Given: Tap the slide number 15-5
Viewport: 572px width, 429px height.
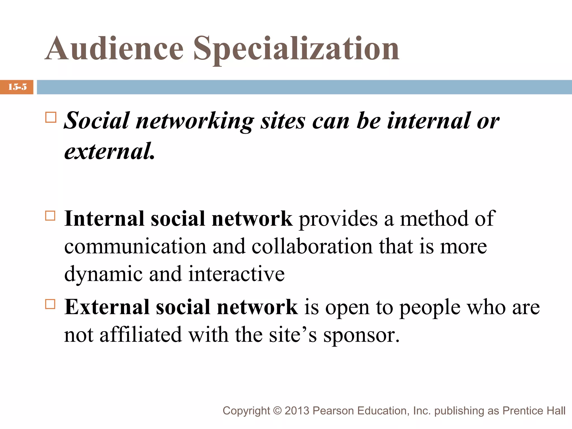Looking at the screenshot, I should coord(17,87).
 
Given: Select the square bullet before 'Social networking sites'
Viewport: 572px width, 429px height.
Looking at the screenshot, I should coord(51,117).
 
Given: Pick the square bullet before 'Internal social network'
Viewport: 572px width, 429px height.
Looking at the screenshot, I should coord(50,216).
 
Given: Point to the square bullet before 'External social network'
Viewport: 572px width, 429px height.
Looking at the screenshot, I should coord(50,304).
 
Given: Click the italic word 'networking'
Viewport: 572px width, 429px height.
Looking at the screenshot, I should coord(195,121).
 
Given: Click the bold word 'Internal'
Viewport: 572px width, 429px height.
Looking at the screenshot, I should coord(104,218).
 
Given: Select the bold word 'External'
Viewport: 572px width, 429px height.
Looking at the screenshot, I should coord(107,307).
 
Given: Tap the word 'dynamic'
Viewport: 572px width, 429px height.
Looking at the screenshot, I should coord(103,274).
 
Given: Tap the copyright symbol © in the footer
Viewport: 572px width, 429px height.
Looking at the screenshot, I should coord(277,411).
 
